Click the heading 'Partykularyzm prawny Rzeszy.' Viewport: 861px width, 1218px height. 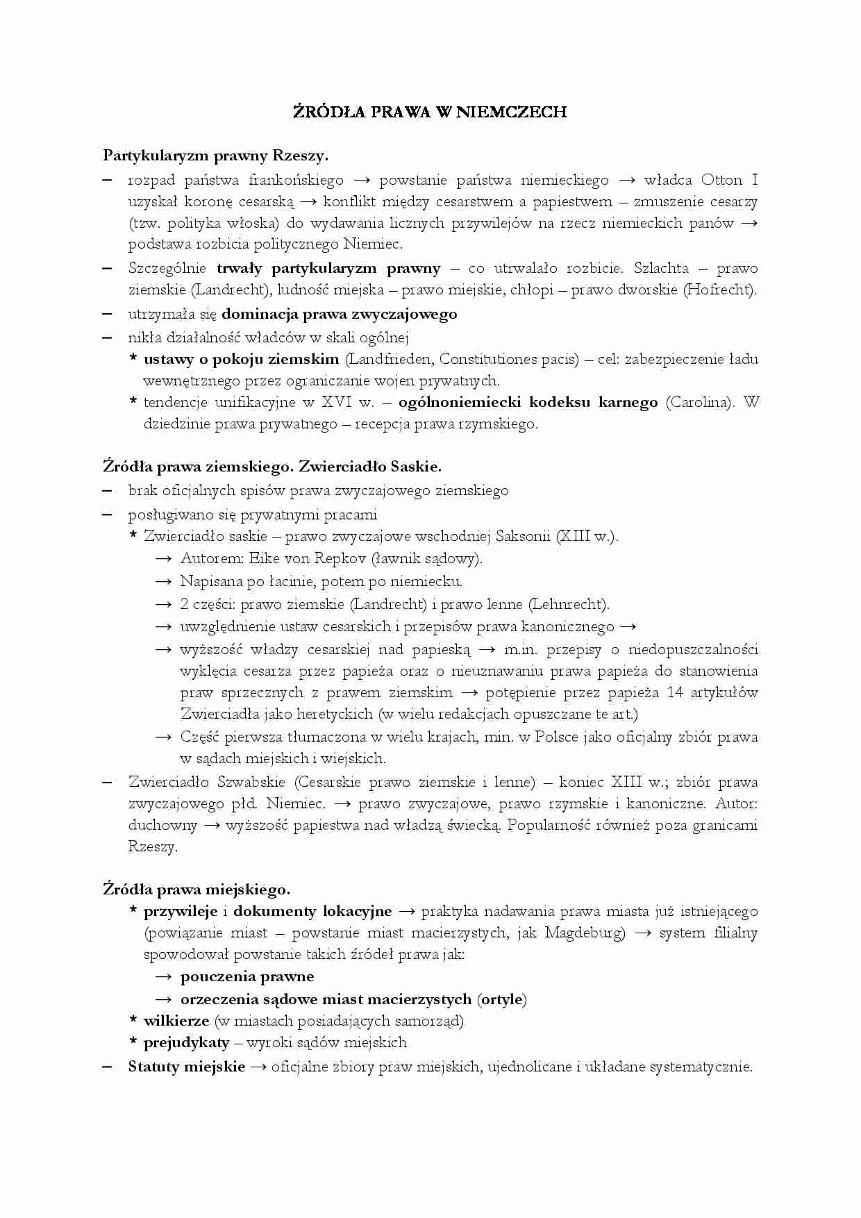[215, 156]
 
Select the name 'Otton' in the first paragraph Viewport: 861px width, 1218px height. [721, 181]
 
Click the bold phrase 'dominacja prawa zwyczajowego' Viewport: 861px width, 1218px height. [339, 314]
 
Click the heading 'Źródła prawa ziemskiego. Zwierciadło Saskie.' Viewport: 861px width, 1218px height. [272, 467]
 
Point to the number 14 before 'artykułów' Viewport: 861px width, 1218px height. [675, 693]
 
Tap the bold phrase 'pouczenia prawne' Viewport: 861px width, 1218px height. [247, 977]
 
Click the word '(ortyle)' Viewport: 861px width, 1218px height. [501, 1000]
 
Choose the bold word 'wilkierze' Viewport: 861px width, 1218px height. [176, 1021]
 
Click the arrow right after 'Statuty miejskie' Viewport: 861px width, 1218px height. [258, 1067]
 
